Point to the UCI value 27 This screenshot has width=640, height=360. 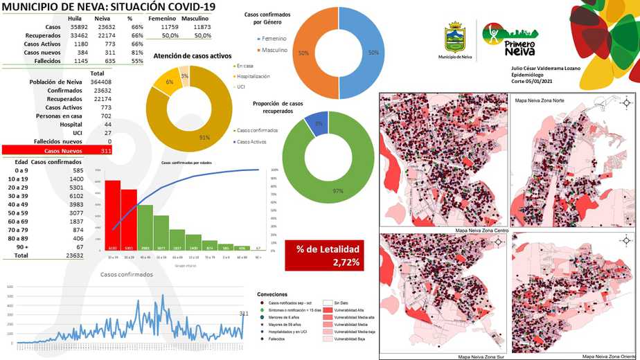click(x=107, y=132)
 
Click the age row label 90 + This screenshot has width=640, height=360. click(x=23, y=246)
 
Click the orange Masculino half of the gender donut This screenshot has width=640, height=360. click(x=315, y=52)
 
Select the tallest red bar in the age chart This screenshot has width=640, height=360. click(x=112, y=215)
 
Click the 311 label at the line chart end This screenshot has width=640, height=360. click(x=243, y=314)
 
